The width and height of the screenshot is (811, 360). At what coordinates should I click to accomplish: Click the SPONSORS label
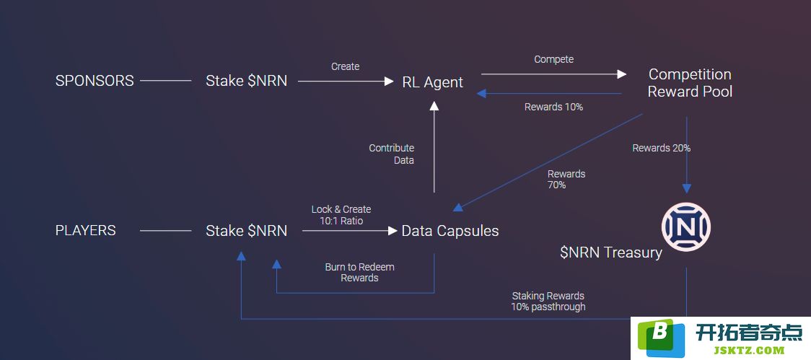[x=95, y=82]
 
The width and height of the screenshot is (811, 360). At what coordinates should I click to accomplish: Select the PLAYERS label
[x=86, y=230]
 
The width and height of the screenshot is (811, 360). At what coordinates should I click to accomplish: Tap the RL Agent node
[x=433, y=82]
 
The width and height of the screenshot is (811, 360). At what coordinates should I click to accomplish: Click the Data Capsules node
[x=450, y=231]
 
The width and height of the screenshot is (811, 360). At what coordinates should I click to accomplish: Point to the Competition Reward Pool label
[x=690, y=83]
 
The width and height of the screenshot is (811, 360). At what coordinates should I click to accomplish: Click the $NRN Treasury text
[x=611, y=253]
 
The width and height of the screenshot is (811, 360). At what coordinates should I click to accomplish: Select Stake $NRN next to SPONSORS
[x=246, y=82]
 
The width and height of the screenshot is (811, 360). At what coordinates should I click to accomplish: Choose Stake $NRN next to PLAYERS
[x=246, y=231]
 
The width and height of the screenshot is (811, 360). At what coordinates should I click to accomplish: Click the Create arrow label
[x=346, y=66]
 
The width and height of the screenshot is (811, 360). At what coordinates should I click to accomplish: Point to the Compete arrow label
[x=554, y=59]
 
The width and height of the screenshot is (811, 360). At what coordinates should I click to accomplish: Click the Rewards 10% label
[x=554, y=107]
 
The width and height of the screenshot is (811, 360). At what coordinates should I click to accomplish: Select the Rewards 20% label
[x=662, y=148]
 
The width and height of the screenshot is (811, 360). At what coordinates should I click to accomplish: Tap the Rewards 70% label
[x=566, y=179]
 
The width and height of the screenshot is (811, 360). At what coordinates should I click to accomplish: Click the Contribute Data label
[x=392, y=154]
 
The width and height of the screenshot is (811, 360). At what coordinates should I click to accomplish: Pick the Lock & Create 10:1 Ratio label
[x=341, y=215]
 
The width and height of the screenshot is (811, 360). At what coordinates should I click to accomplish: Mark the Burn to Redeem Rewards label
[x=359, y=273]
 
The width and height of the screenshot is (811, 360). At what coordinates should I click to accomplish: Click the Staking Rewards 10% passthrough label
[x=548, y=301]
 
